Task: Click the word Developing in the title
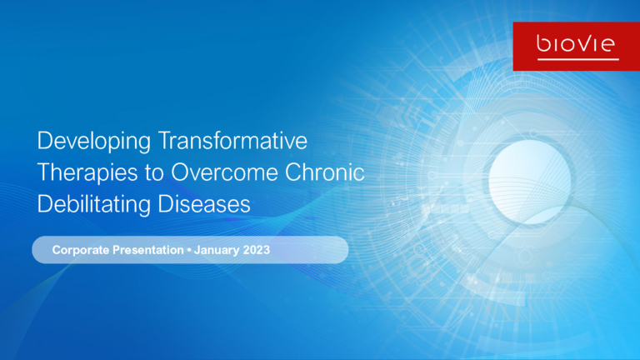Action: pos(94,142)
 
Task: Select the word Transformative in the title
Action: pos(232,140)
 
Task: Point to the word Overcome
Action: pos(224,172)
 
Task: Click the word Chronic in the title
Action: pos(324,172)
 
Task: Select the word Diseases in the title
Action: pos(204,203)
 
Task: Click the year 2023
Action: pos(257,250)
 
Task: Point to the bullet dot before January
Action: pos(189,250)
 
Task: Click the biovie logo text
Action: pos(576,43)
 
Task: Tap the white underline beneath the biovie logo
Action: pos(578,60)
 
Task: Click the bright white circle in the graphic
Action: pos(530,182)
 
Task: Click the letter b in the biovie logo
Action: pos(543,43)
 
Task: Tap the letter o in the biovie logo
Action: pos(567,44)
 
